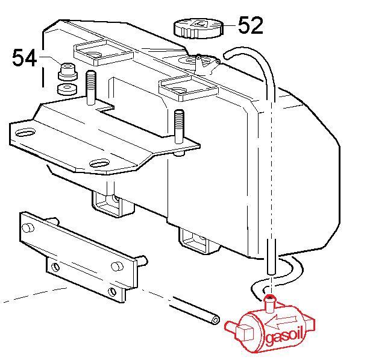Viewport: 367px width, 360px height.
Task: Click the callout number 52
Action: (x=251, y=25)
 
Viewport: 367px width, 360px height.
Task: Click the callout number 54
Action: (x=24, y=58)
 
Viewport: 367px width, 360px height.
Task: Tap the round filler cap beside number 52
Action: (x=199, y=28)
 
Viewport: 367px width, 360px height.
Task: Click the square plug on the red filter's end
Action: (x=245, y=333)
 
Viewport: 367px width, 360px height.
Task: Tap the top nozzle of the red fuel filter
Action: (x=270, y=304)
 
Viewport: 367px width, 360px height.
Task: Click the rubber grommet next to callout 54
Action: (x=67, y=71)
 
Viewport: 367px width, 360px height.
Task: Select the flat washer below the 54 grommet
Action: (x=67, y=89)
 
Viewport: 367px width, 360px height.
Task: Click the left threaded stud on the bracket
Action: (x=91, y=88)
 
